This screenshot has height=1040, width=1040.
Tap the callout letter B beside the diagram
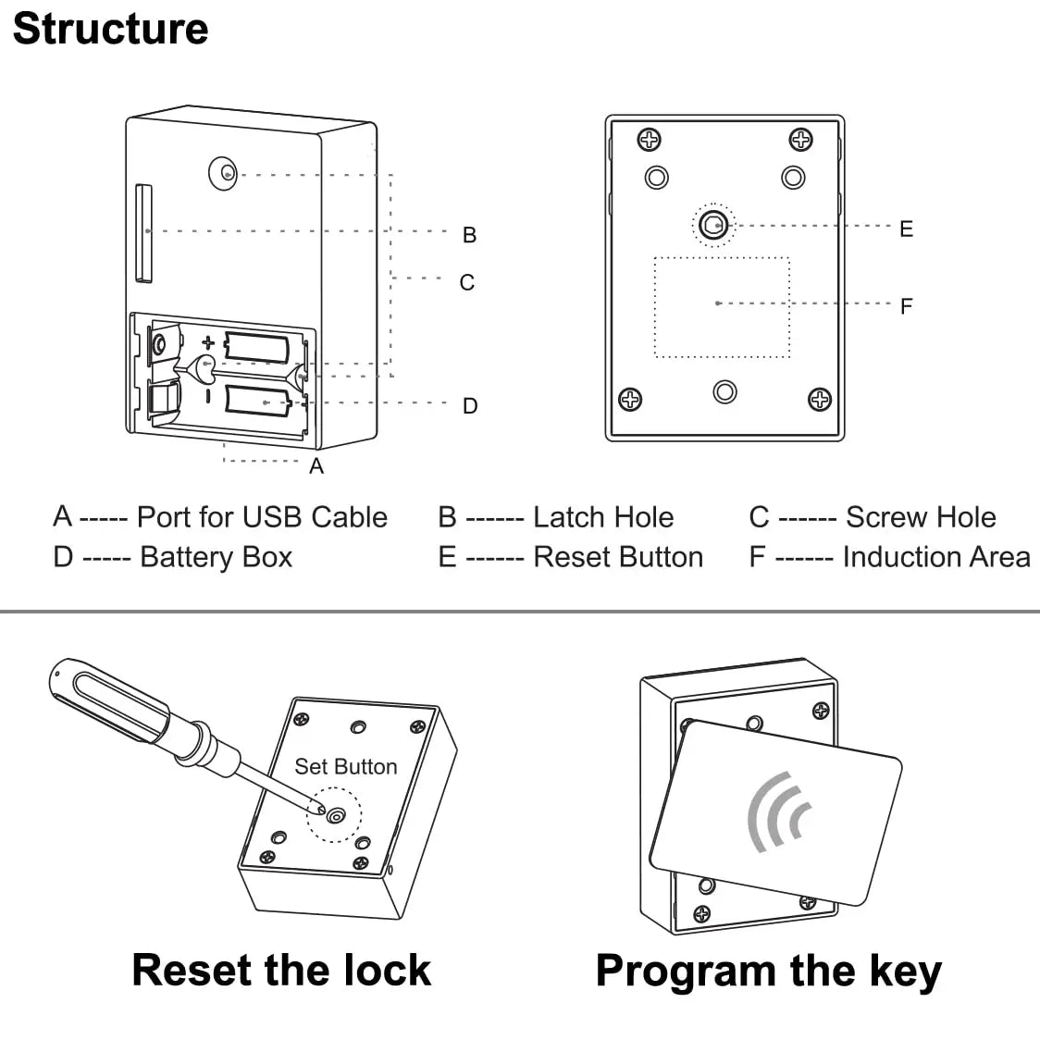click(470, 235)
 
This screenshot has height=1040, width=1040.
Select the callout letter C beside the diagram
click(467, 282)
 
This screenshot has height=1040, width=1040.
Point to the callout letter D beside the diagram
click(470, 405)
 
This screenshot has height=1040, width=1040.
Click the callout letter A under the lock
click(316, 466)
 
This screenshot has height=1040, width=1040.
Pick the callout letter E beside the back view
click(907, 229)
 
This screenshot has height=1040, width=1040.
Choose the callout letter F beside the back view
click(907, 306)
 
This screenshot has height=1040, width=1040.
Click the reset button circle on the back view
click(713, 224)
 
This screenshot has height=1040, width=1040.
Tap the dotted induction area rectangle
click(722, 307)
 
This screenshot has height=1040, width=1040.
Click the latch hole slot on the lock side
click(142, 231)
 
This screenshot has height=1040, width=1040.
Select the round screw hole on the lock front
click(223, 172)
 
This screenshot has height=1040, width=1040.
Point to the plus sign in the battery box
click(208, 342)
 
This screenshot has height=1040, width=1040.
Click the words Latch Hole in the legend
click(603, 517)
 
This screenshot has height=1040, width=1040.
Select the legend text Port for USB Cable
click(262, 517)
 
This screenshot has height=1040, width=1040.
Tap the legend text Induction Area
click(936, 557)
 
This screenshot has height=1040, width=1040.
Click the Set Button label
click(345, 766)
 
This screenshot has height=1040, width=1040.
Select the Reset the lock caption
click(281, 971)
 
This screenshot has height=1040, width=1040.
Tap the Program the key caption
click(768, 972)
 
